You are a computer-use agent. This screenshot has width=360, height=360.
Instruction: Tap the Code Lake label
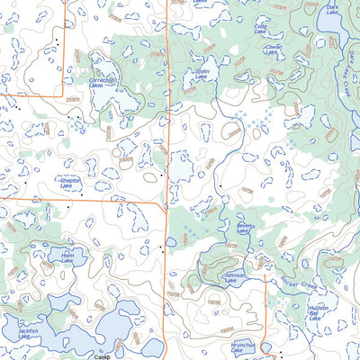pyautogui.click(x=261, y=31)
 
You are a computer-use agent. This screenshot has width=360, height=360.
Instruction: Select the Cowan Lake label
pyautogui.click(x=273, y=50)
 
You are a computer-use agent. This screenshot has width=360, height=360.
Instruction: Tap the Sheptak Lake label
pyautogui.click(x=70, y=182)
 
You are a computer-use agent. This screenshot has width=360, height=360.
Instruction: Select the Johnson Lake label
pyautogui.click(x=234, y=281)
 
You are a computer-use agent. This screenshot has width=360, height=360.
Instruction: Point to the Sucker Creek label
pyautogui.click(x=298, y=283)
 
